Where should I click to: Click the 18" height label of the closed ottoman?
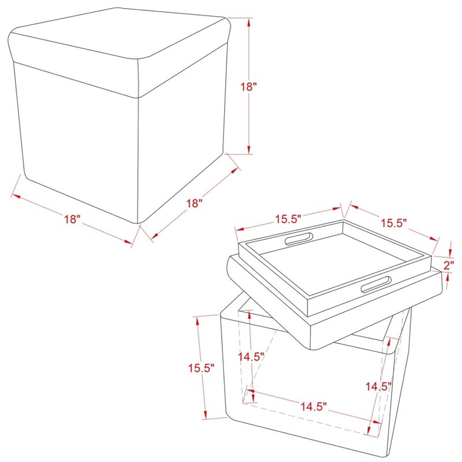(x=248, y=87)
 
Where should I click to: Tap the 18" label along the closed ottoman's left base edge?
(x=72, y=219)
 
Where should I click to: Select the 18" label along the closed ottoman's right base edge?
(x=195, y=203)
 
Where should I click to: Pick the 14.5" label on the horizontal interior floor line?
(x=314, y=407)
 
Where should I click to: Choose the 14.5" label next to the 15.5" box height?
(x=251, y=356)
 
